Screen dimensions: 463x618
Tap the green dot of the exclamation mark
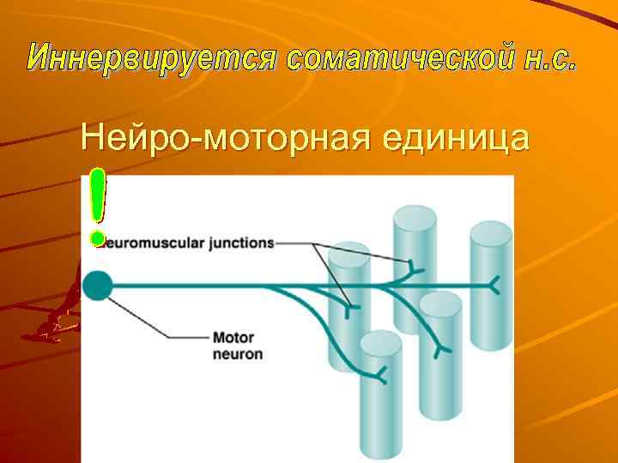99,238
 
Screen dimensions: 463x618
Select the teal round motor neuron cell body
98,286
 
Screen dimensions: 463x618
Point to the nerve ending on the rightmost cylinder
494,284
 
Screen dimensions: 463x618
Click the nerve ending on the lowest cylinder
381,374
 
